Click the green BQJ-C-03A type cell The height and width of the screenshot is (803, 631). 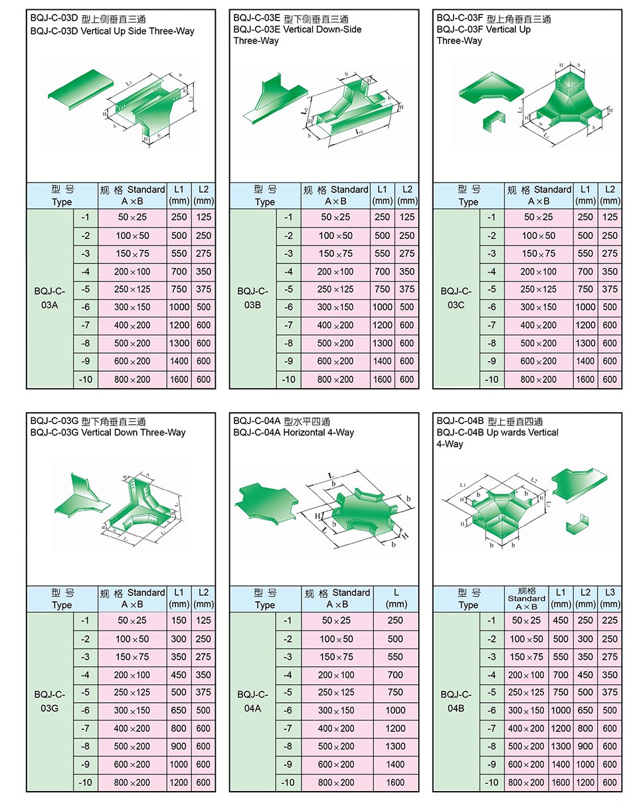[50, 298]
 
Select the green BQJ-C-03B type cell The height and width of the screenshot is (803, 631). [252, 298]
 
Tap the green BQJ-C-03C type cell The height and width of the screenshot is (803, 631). [456, 298]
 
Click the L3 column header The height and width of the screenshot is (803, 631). [610, 598]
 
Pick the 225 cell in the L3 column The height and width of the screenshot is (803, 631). [610, 620]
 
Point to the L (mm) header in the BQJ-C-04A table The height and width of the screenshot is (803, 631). [396, 598]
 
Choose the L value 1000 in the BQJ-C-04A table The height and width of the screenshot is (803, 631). [395, 710]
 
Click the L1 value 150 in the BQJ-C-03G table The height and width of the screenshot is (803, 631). [179, 620]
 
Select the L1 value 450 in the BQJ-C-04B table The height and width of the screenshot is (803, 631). [561, 620]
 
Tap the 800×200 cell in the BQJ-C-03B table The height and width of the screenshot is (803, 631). [335, 380]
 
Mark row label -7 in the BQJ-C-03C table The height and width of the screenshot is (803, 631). [492, 325]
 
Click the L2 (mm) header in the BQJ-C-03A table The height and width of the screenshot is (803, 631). [203, 195]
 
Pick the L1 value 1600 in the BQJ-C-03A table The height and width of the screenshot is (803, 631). [179, 380]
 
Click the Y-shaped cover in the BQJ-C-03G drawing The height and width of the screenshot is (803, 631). [81, 494]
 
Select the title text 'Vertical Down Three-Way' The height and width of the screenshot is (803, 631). [133, 433]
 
